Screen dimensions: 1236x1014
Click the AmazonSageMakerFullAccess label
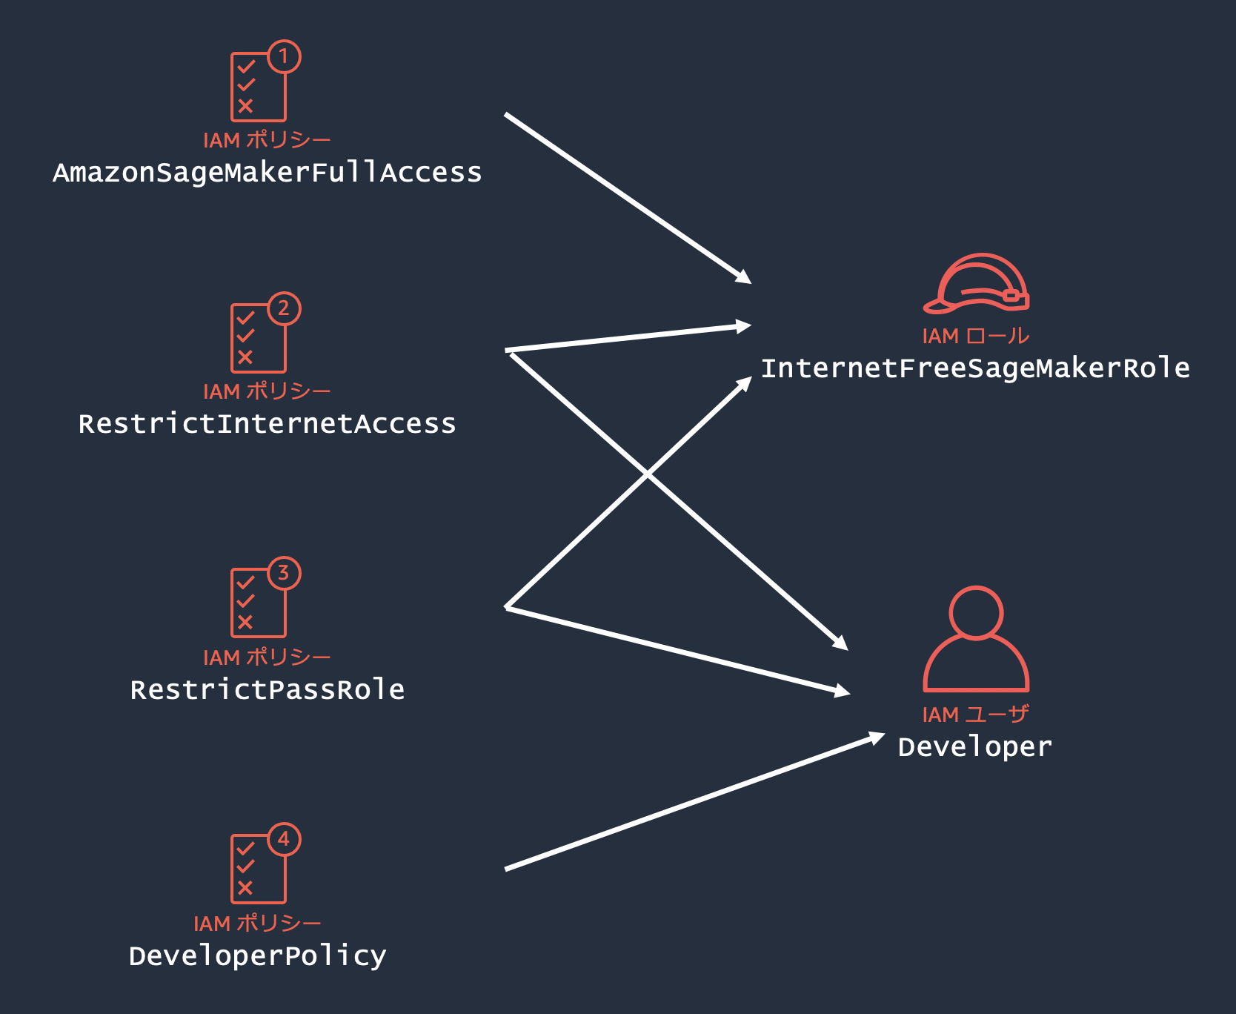pos(267,173)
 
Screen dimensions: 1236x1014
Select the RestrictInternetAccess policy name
pos(267,424)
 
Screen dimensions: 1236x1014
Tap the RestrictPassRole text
pos(267,690)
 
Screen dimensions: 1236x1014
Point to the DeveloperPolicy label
pos(257,956)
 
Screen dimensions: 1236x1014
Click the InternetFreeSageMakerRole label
pos(975,368)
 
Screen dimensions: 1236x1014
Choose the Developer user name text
pos(974,747)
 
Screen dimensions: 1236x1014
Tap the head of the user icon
pos(976,612)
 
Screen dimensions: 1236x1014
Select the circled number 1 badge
pos(284,56)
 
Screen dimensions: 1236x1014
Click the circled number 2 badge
pos(284,308)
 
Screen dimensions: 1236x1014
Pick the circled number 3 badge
pos(284,573)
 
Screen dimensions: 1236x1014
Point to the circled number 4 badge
pos(284,839)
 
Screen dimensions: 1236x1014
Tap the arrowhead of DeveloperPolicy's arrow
pos(877,737)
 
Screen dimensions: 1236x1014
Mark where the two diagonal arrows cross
pos(648,474)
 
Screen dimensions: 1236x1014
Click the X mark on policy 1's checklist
pos(246,106)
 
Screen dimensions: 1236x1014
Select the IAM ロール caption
pos(975,337)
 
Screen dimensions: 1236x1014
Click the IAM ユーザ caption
pos(975,715)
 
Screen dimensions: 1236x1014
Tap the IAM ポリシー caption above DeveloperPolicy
pos(257,924)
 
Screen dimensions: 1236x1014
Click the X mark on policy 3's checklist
pos(246,623)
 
